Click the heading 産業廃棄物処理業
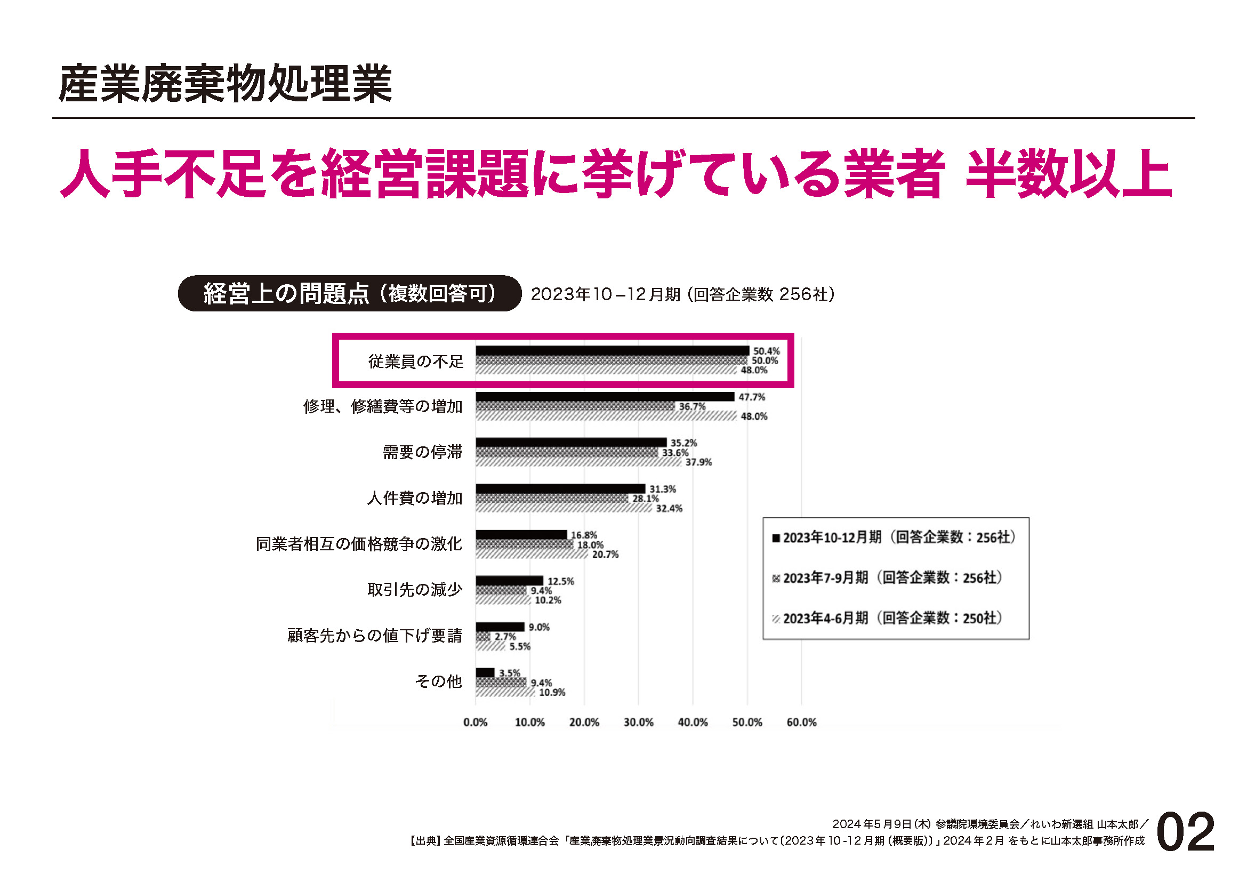[x=225, y=84]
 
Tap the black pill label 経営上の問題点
[x=349, y=294]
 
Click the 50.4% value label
[x=766, y=351]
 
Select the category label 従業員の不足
[x=416, y=361]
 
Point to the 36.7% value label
[x=692, y=407]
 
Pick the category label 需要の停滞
[x=423, y=452]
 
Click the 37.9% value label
[x=698, y=463]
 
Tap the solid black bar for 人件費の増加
[x=560, y=489]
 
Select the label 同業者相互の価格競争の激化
[x=359, y=543]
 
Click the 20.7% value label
[x=605, y=555]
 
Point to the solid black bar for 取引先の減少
[x=509, y=581]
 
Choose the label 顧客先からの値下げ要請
[x=375, y=636]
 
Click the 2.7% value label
[x=505, y=637]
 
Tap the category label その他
[x=438, y=681]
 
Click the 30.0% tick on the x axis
[x=638, y=723]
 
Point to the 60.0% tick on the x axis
[x=801, y=723]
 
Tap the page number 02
[x=1186, y=832]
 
